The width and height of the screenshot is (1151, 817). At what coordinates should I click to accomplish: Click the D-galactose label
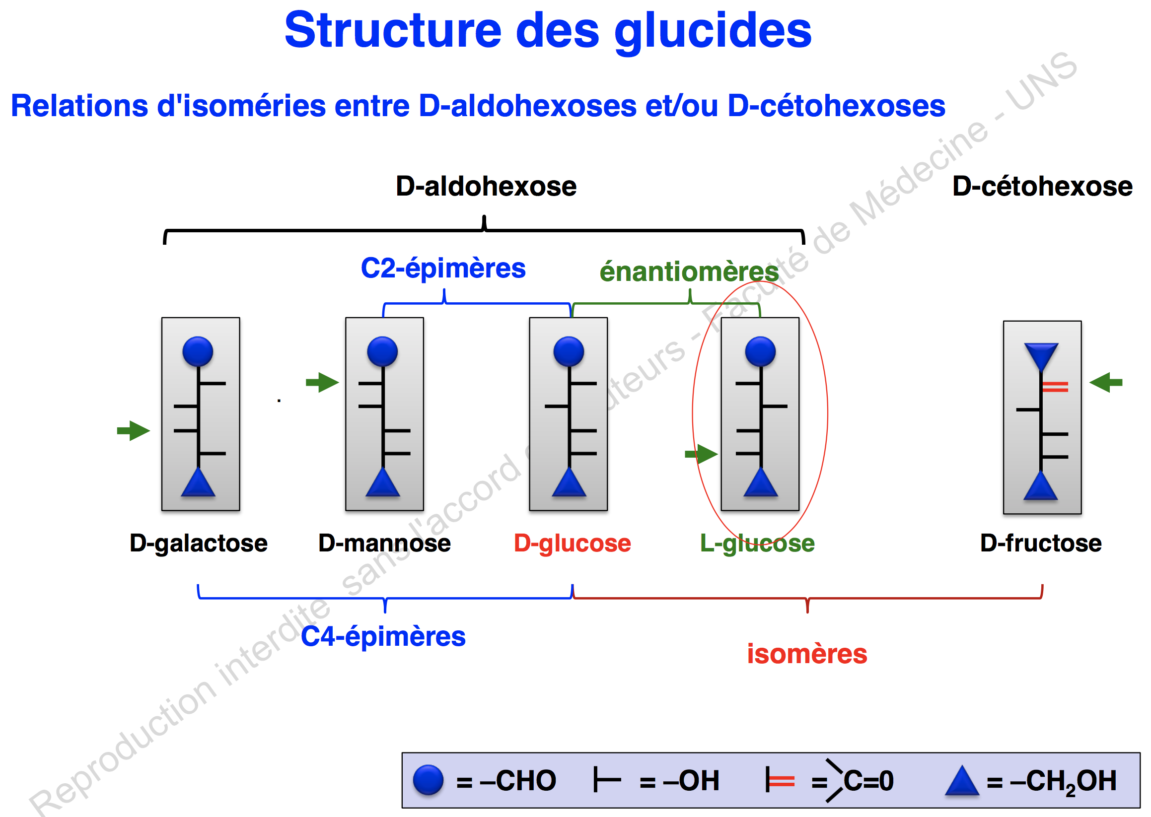(x=198, y=544)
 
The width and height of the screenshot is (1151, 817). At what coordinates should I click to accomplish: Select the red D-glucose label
(x=572, y=544)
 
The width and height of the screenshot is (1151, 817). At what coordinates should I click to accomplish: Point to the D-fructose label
(x=1040, y=544)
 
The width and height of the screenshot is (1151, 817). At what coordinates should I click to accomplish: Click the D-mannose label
(x=384, y=544)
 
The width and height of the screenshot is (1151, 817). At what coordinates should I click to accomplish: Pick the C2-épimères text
(x=443, y=268)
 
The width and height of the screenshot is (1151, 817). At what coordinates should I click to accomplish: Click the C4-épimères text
(x=383, y=636)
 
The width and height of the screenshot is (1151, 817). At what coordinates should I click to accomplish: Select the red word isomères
(x=807, y=654)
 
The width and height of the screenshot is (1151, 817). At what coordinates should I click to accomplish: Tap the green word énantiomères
(x=689, y=272)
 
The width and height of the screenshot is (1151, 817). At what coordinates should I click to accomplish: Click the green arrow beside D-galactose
(x=134, y=431)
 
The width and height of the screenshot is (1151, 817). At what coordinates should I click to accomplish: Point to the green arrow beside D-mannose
(x=322, y=382)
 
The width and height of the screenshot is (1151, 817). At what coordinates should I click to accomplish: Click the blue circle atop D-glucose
(x=568, y=351)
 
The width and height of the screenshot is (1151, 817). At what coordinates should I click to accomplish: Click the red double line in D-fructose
(x=1054, y=386)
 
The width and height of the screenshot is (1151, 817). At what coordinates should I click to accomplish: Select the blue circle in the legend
(x=428, y=780)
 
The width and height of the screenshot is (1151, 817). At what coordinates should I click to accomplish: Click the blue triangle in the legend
(x=961, y=781)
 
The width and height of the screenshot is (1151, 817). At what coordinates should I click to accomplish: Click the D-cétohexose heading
(x=1042, y=187)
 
